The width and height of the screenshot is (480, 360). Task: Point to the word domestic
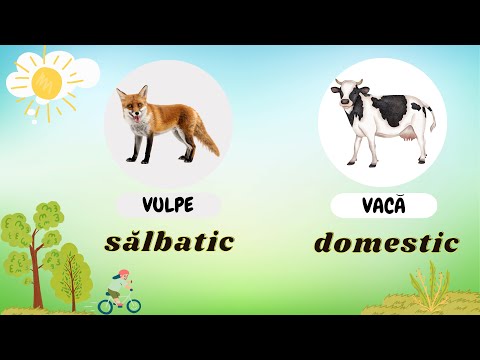[x=386, y=242]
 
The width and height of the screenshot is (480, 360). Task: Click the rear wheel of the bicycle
[x=106, y=305]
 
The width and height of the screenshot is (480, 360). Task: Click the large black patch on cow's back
[x=390, y=107]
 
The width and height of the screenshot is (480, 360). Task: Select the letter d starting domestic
[x=324, y=242]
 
